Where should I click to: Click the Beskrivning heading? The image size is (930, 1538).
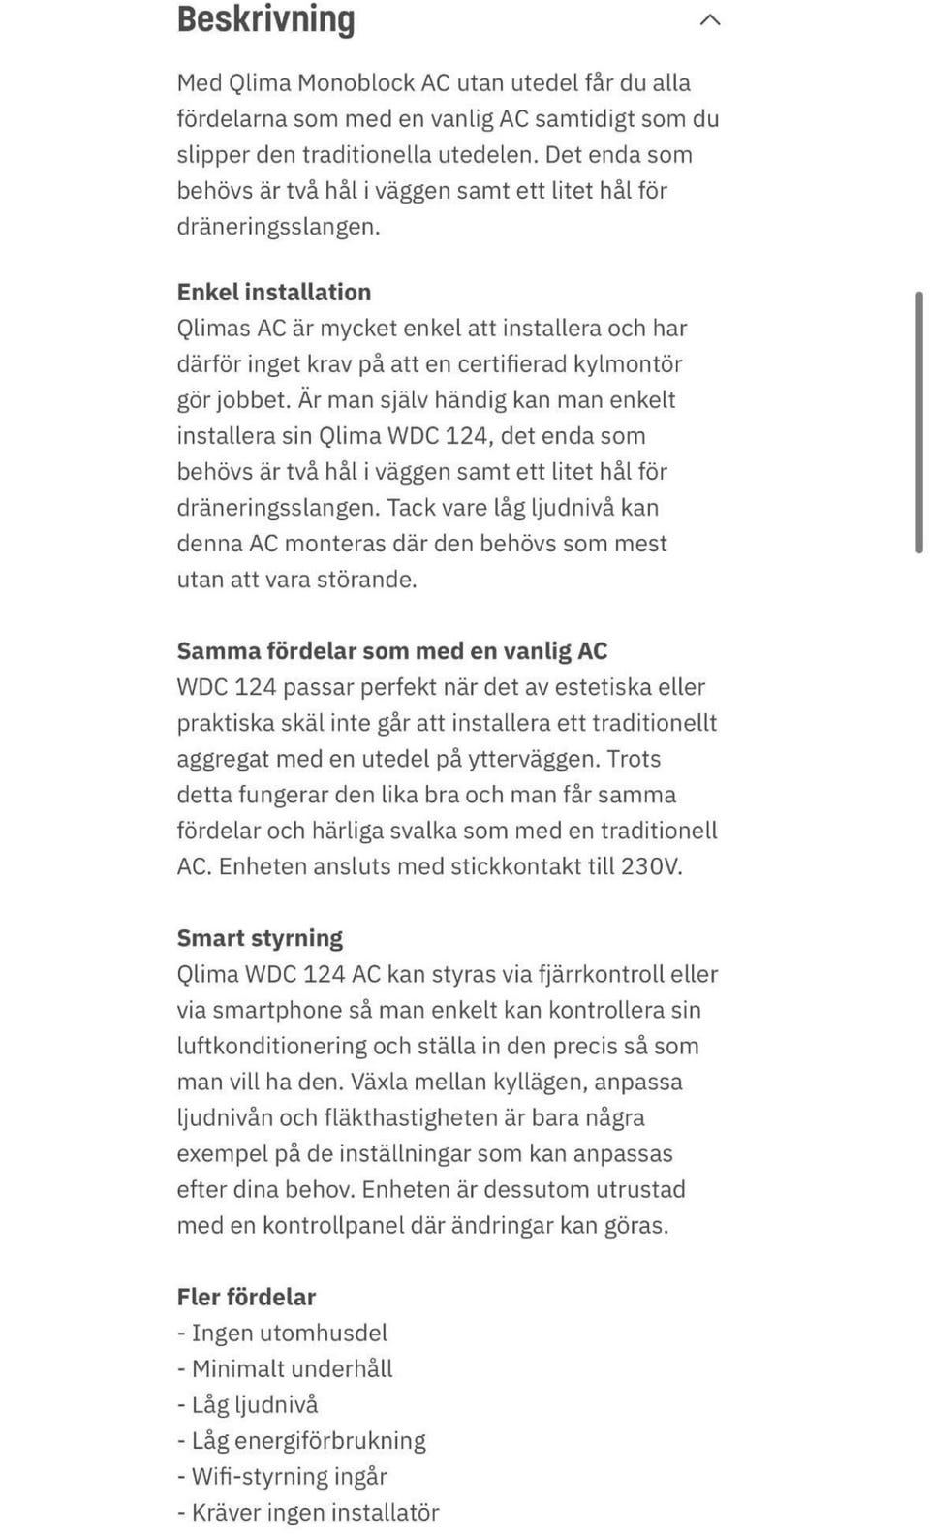pyautogui.click(x=265, y=19)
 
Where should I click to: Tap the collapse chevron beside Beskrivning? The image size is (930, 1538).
pyautogui.click(x=710, y=19)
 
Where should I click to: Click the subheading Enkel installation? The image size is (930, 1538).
pyautogui.click(x=274, y=292)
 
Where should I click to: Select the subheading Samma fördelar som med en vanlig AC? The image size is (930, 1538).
pyautogui.click(x=391, y=651)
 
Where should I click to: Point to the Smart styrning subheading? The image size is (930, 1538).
pyautogui.click(x=260, y=938)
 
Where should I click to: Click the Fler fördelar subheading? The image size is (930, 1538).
pyautogui.click(x=246, y=1297)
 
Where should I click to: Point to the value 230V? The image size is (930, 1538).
pyautogui.click(x=651, y=866)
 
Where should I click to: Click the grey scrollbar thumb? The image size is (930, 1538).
pyautogui.click(x=918, y=422)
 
